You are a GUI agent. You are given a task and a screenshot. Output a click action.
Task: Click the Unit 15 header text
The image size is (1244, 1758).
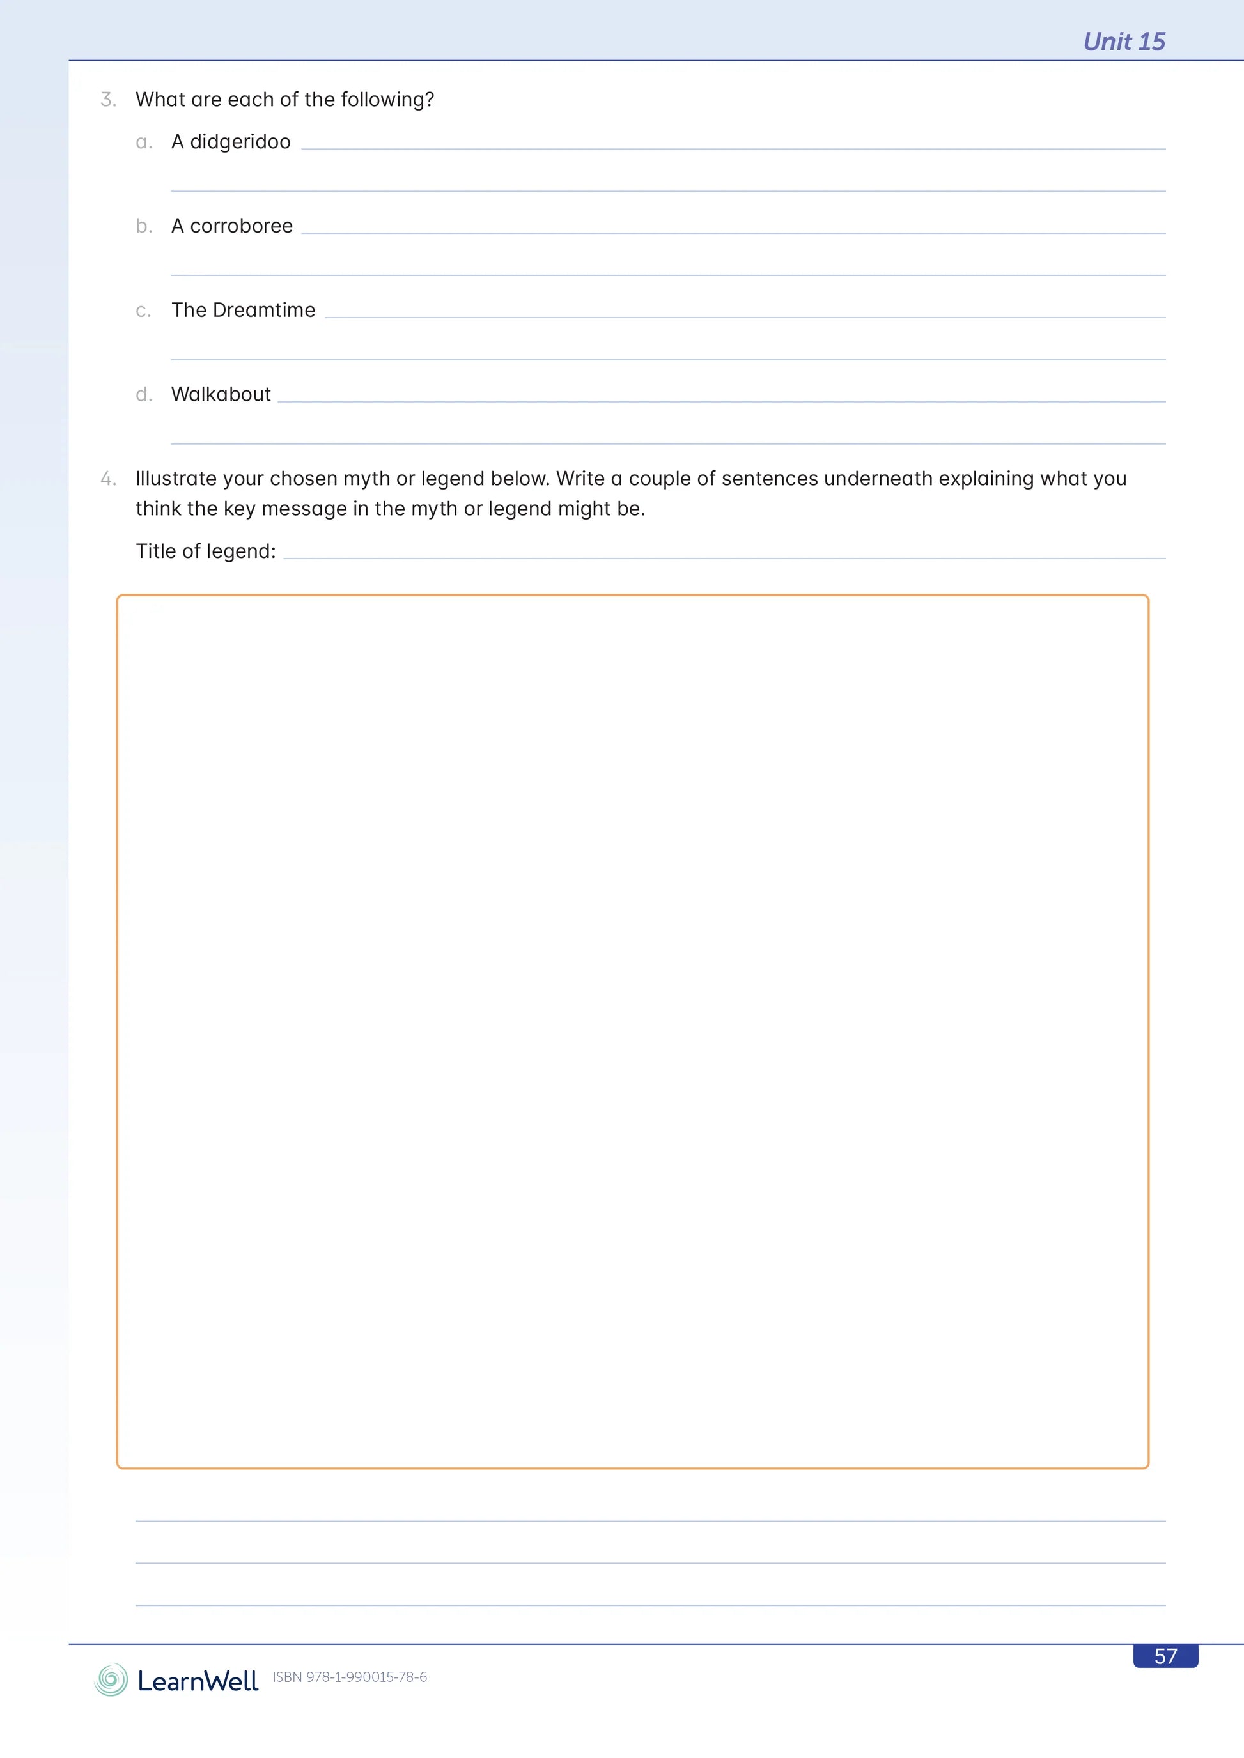[x=1123, y=42]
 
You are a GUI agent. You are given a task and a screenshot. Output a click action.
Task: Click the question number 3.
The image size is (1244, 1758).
[x=108, y=100]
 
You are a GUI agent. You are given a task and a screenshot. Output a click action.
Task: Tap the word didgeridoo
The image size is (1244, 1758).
[x=240, y=143]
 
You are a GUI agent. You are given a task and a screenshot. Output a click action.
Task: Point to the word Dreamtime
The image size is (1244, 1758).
[x=263, y=310]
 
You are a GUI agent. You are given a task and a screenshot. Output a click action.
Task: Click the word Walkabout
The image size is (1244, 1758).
[x=221, y=394]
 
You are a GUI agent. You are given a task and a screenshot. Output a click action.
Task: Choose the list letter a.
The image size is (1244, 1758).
[x=143, y=143]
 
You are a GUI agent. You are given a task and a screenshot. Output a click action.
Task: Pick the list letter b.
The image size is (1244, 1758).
[x=143, y=227]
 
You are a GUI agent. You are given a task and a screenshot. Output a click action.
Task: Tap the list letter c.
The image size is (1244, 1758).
[x=143, y=311]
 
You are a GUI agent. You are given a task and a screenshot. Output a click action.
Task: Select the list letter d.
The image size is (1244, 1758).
[x=143, y=394]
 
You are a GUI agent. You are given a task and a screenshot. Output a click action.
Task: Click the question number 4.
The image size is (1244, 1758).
[x=108, y=479]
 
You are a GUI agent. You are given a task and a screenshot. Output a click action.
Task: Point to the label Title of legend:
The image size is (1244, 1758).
[x=205, y=551]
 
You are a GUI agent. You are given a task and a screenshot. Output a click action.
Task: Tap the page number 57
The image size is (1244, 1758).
[x=1165, y=1656]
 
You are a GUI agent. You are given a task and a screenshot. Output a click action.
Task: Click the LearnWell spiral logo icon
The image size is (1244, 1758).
[x=111, y=1679]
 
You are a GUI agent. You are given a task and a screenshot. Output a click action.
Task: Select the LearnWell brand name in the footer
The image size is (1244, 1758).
[x=198, y=1681]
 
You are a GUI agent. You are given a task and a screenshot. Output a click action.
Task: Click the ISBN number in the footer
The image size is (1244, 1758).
[x=350, y=1677]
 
